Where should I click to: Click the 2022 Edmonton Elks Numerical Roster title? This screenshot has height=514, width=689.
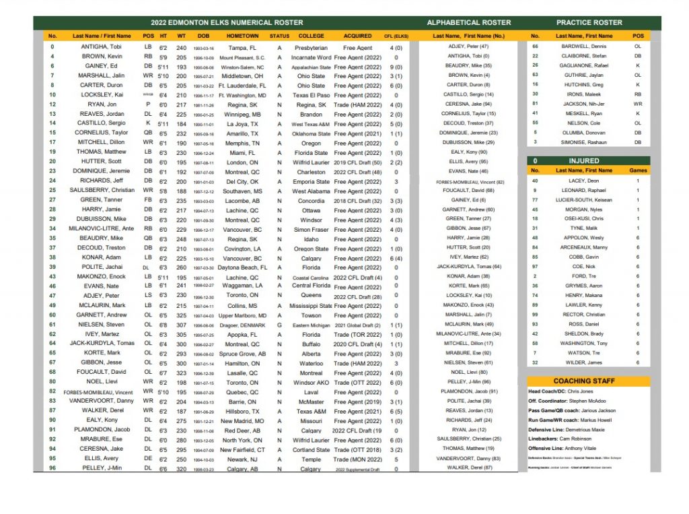pyautogui.click(x=227, y=23)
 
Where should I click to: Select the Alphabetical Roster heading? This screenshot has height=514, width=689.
pyautogui.click(x=468, y=23)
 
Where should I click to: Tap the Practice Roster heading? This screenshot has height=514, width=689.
pyautogui.click(x=589, y=23)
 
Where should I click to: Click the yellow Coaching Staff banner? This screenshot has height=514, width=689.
pyautogui.click(x=589, y=381)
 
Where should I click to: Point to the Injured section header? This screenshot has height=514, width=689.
pyautogui.click(x=583, y=161)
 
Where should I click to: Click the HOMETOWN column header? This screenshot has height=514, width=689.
pyautogui.click(x=243, y=36)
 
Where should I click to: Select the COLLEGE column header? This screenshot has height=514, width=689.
pyautogui.click(x=311, y=36)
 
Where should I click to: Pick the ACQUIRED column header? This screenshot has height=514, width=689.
pyautogui.click(x=357, y=36)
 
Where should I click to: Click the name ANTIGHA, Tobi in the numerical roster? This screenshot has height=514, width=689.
pyautogui.click(x=102, y=48)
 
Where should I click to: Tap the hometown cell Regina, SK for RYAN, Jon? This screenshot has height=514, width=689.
pyautogui.click(x=243, y=105)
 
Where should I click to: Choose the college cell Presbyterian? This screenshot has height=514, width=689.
pyautogui.click(x=311, y=48)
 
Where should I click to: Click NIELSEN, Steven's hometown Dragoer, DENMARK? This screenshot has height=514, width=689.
pyautogui.click(x=243, y=325)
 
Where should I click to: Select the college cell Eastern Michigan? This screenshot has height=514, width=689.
pyautogui.click(x=311, y=325)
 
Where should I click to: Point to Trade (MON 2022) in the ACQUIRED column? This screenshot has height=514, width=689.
pyautogui.click(x=357, y=459)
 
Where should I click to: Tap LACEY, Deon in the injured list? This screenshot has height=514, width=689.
pyautogui.click(x=583, y=181)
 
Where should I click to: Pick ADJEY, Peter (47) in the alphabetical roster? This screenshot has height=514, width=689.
pyautogui.click(x=468, y=46)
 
